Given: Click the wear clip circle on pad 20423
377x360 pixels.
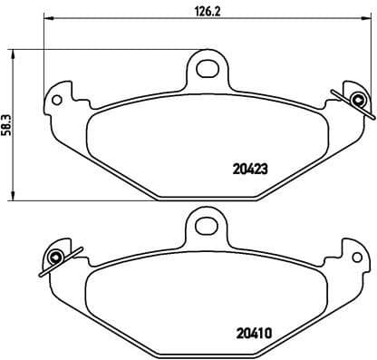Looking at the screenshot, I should click(359, 100).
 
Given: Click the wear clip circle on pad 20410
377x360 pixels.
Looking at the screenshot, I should click(53, 258).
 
